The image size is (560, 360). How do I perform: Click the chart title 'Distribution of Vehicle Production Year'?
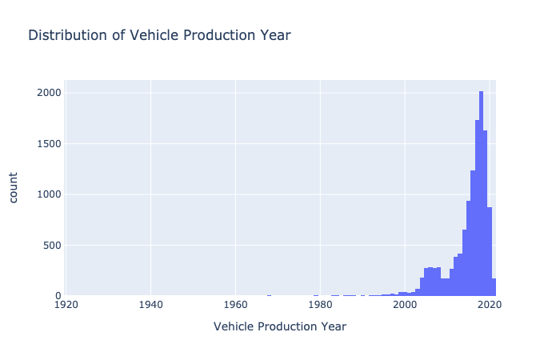click(x=159, y=35)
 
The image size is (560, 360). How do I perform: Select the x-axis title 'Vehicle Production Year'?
click(x=280, y=326)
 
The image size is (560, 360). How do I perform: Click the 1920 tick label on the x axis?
click(x=66, y=305)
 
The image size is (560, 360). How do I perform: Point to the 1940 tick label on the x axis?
click(x=151, y=305)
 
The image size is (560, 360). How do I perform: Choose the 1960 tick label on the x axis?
click(x=235, y=305)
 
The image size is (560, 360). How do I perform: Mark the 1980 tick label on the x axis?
click(x=320, y=305)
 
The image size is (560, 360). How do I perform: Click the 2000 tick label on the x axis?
click(x=405, y=305)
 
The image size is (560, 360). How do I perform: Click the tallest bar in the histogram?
click(x=481, y=200)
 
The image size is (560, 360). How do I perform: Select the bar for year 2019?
click(x=485, y=216)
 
